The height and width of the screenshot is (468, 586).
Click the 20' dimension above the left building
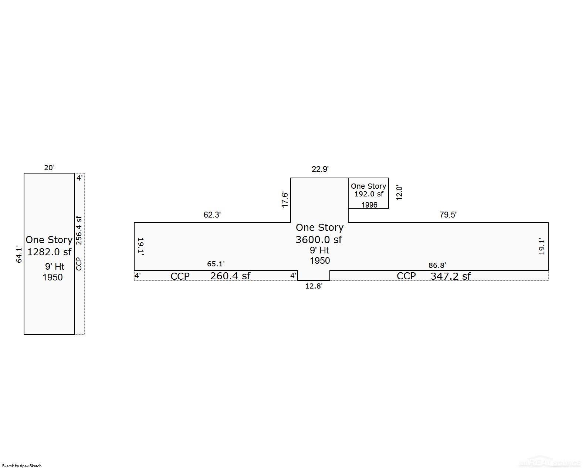point(49,168)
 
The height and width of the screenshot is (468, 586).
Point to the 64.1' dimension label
point(19,254)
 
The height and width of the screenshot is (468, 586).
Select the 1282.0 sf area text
point(49,252)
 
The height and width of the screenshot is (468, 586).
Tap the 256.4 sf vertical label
point(79,230)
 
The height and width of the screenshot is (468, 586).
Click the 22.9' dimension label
point(320,169)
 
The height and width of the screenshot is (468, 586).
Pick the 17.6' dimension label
point(285,199)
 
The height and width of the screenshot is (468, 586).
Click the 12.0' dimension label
point(399,193)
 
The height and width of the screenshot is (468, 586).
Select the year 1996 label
point(369,205)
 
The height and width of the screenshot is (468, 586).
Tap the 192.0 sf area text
point(369,194)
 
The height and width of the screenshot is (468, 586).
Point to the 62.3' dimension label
point(212,215)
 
